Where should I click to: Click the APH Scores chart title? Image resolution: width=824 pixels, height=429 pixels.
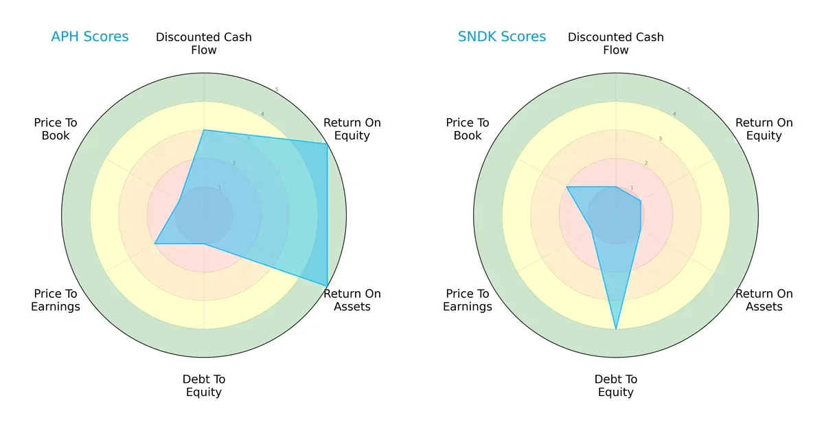(89, 36)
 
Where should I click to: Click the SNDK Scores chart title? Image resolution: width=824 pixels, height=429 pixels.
(502, 36)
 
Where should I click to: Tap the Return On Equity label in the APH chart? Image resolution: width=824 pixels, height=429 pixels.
(352, 129)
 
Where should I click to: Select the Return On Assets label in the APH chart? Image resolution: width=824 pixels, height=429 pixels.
(352, 300)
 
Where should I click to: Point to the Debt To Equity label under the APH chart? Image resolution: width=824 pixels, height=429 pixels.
(204, 386)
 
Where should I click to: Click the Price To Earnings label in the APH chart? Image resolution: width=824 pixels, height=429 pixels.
(56, 300)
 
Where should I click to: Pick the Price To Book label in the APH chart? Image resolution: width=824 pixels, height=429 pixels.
(56, 129)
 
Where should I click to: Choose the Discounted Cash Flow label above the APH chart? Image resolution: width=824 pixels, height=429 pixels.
(204, 43)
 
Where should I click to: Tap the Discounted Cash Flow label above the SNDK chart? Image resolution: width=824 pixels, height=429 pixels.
(616, 43)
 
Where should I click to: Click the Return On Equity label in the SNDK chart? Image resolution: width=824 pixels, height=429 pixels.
(764, 129)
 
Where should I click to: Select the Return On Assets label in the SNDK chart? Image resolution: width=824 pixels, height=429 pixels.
(764, 300)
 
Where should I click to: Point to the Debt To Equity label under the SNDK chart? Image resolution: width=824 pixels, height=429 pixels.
(616, 386)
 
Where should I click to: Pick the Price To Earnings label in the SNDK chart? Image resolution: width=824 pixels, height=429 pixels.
(468, 300)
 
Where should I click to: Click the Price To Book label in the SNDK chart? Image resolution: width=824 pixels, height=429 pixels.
(468, 129)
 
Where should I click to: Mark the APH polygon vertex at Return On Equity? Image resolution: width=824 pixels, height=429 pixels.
(327, 143)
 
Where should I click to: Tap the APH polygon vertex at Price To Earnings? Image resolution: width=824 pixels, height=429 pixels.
(155, 243)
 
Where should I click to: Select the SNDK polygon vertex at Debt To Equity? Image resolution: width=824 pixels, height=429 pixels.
(616, 329)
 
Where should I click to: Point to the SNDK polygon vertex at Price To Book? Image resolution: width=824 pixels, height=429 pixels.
(567, 187)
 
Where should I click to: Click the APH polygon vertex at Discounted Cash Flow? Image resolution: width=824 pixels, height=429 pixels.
(204, 130)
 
